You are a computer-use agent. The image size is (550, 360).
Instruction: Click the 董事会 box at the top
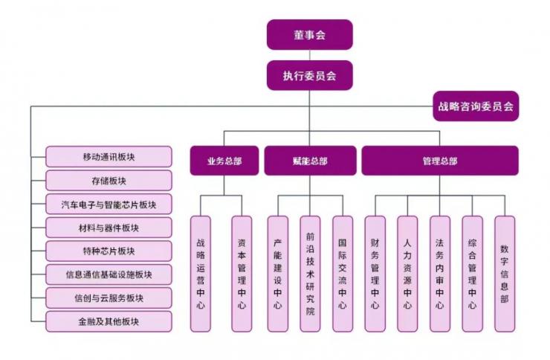click(x=309, y=34)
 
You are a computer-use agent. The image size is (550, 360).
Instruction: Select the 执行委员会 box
click(x=309, y=75)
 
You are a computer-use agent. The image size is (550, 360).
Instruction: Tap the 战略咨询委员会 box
click(x=476, y=106)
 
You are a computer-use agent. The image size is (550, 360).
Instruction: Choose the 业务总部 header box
click(x=224, y=161)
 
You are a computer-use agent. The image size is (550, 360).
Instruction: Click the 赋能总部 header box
click(x=309, y=161)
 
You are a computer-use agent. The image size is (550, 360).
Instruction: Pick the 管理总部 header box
click(x=439, y=161)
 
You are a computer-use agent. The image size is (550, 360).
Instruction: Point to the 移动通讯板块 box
click(x=109, y=157)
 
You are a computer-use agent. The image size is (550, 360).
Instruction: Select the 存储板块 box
click(x=109, y=180)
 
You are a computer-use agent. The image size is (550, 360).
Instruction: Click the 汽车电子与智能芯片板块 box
click(x=109, y=204)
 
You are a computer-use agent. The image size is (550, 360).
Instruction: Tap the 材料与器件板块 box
click(x=109, y=227)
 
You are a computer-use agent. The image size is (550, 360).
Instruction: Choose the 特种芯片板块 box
click(x=109, y=251)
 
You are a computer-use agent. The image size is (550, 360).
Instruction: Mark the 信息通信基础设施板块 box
click(x=109, y=274)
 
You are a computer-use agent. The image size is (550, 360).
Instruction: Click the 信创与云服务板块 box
click(x=109, y=298)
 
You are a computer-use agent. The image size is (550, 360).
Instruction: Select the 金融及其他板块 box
click(x=109, y=321)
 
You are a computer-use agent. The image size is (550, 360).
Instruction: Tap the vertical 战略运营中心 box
click(x=201, y=274)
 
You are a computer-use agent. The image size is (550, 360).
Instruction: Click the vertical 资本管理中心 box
click(x=242, y=274)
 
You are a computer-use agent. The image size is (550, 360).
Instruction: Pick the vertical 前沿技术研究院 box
click(x=310, y=274)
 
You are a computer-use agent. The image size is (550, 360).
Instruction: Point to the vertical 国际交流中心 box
click(x=343, y=274)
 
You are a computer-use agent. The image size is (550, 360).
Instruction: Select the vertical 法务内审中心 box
click(x=440, y=274)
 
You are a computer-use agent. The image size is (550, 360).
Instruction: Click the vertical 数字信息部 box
click(x=505, y=274)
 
